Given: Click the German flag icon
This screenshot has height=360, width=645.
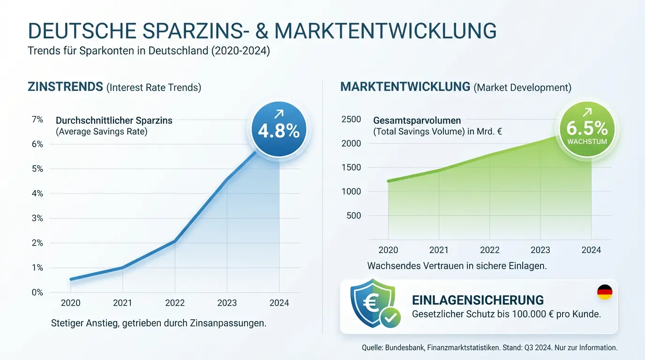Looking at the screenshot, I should coord(604,292).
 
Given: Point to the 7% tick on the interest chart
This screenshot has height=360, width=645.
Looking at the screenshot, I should coord(37,120).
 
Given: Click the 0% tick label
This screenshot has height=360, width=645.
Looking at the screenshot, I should coord(37,292).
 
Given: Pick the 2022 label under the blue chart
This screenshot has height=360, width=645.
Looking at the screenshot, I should coord(175,303).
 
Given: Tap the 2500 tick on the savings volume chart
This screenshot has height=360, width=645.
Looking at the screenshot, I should coord(352,120).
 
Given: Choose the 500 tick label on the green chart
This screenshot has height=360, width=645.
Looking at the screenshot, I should coord(353,216).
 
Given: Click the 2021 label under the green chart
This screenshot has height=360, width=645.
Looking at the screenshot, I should coord(439,250).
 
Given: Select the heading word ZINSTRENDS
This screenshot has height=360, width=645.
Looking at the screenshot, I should coord(65,87).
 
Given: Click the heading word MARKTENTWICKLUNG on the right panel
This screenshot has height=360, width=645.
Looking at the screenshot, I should coord(405,87).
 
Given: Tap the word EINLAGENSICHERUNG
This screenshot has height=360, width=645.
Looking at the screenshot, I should coord(478,300).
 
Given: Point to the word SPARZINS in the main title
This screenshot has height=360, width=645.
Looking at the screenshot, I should coord(197,31).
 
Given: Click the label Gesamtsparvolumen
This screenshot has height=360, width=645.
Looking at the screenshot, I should coord(417,120).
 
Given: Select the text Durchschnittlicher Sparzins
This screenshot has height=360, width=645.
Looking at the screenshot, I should coord(114,120).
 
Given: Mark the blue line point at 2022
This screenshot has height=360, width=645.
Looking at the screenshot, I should coord(175,241).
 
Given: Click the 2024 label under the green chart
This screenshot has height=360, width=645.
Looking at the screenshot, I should coord(591,250).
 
